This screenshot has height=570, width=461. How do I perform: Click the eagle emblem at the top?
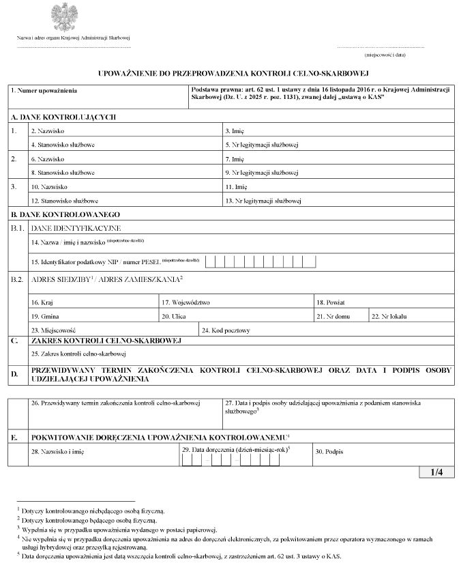pyautogui.click(x=61, y=17)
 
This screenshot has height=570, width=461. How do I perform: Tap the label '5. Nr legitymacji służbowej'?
pyautogui.click(x=263, y=145)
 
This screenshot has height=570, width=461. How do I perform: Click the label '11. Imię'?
pyautogui.click(x=236, y=187)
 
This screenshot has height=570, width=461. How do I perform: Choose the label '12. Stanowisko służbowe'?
pyautogui.click(x=65, y=201)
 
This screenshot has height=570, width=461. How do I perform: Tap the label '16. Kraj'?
pyautogui.click(x=42, y=302)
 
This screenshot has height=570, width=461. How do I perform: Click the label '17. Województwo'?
pyautogui.click(x=185, y=302)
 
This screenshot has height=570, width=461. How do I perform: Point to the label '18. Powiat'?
pyautogui.click(x=330, y=302)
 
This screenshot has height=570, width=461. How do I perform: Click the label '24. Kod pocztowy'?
pyautogui.click(x=226, y=330)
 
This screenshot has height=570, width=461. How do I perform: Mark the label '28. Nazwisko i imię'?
pyautogui.click(x=57, y=452)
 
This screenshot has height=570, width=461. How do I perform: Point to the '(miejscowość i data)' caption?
pyautogui.click(x=385, y=54)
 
